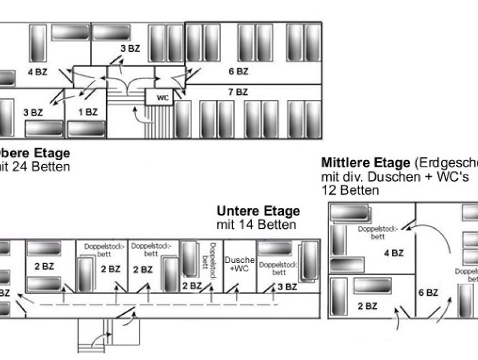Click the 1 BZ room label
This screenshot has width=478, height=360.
point(88,112)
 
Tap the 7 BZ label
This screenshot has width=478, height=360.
point(238,92)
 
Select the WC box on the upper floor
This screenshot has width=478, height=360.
point(162,98)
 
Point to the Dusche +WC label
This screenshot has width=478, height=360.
point(239,264)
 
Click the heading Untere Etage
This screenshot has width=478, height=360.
point(258,212)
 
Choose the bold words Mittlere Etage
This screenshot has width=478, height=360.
point(365,163)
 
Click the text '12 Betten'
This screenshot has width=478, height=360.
point(350,190)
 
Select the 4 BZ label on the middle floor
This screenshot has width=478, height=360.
point(394,253)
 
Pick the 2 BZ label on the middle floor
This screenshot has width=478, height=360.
point(368,306)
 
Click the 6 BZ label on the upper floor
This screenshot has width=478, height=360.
point(238,71)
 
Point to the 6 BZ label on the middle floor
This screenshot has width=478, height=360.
point(428,292)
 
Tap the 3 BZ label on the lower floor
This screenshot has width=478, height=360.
point(287,287)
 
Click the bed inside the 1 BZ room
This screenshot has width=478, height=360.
point(86,128)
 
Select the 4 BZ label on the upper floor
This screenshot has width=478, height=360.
point(37,71)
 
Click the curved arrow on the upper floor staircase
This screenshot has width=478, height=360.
point(139,116)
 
